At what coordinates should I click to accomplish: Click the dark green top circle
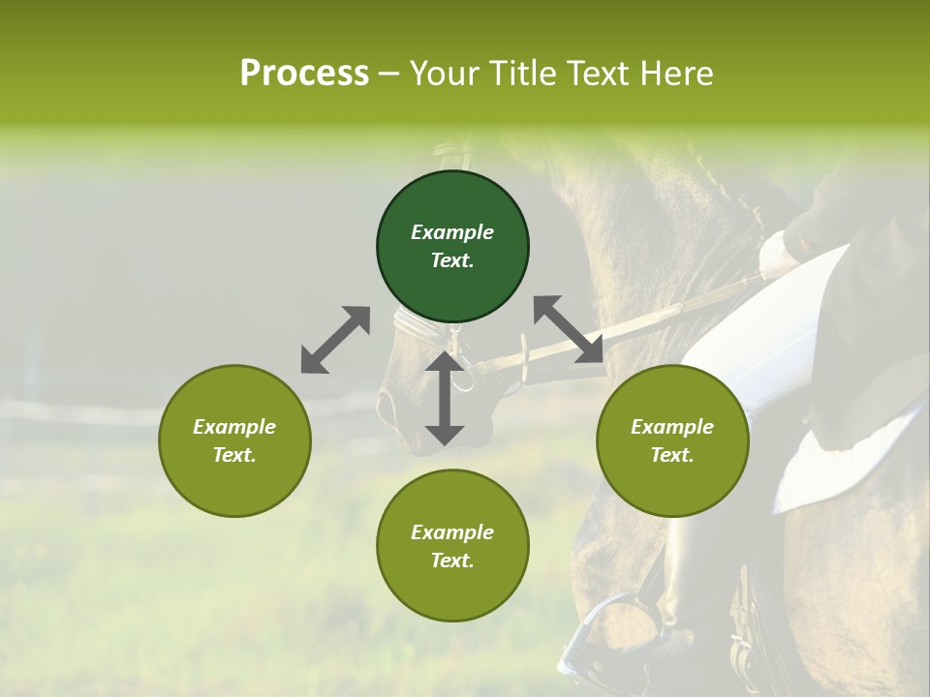452,247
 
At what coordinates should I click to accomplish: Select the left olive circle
234,440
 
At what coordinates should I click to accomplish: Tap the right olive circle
672,440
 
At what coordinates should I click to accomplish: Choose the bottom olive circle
452,546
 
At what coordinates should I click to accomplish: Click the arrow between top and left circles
335,340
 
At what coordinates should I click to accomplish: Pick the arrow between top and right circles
569,330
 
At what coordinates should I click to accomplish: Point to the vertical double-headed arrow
445,398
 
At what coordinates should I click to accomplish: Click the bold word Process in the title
304,74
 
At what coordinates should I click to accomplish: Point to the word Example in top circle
452,232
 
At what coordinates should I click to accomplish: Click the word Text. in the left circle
234,455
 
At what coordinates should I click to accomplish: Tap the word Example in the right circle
672,427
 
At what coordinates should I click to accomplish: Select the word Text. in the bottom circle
452,561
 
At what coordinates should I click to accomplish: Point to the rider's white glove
778,254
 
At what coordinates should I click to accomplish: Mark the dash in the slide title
389,74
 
